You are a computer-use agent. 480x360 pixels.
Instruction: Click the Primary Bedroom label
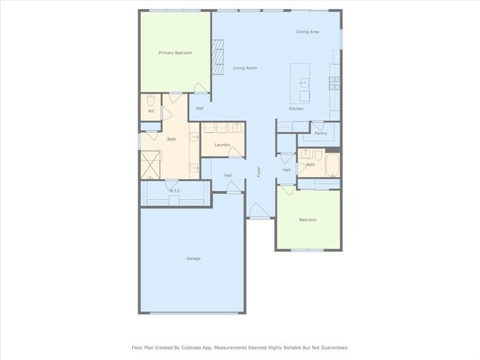[x=176, y=53]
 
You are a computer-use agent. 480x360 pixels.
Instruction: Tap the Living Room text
[x=245, y=68]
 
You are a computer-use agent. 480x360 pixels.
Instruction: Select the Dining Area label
[x=307, y=32]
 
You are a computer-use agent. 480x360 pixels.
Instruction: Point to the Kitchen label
[x=296, y=108]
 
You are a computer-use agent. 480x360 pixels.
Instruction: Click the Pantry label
[x=320, y=134]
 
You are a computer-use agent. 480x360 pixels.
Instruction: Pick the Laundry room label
[x=222, y=145]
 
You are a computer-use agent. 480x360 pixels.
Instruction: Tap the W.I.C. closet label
[x=175, y=191]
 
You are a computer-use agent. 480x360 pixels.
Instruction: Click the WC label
[x=151, y=111]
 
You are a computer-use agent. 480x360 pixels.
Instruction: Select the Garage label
[x=193, y=258]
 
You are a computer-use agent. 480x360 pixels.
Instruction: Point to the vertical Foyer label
[x=258, y=172]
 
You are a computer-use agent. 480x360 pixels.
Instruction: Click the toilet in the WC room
[x=150, y=100]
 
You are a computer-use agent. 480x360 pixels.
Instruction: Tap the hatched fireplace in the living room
[x=218, y=58]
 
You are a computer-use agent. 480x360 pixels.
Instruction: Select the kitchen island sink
[x=304, y=83]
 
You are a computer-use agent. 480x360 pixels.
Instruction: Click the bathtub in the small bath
[x=332, y=164]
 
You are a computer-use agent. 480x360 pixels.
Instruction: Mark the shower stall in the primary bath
[x=151, y=164]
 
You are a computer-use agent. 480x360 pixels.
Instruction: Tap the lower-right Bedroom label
[x=308, y=220]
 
